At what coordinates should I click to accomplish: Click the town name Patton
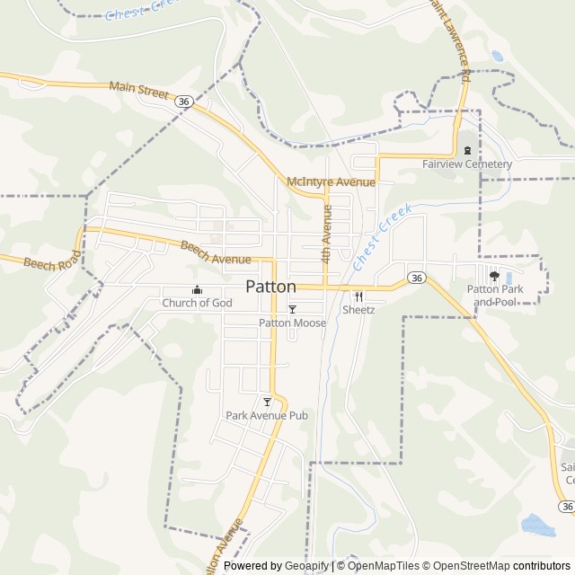click(270, 287)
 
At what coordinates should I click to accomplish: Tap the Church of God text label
click(197, 303)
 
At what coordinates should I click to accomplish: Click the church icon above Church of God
click(197, 289)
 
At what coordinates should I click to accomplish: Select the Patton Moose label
click(292, 323)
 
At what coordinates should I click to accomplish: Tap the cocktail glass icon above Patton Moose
click(292, 309)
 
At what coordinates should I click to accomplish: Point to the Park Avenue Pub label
click(267, 415)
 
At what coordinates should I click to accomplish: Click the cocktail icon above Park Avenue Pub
click(267, 402)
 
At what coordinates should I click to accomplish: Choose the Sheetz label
click(358, 309)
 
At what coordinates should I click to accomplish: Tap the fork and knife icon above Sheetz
click(358, 296)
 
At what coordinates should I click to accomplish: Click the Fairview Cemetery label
click(467, 164)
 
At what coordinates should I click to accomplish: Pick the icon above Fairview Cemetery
click(467, 150)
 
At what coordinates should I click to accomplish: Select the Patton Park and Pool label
click(494, 296)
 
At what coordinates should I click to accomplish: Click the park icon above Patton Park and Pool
click(494, 276)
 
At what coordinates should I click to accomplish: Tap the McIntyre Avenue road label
click(330, 182)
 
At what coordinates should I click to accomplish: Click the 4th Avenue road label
click(327, 233)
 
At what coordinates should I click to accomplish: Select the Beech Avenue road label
click(216, 252)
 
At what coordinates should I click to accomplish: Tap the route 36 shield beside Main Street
click(183, 102)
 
